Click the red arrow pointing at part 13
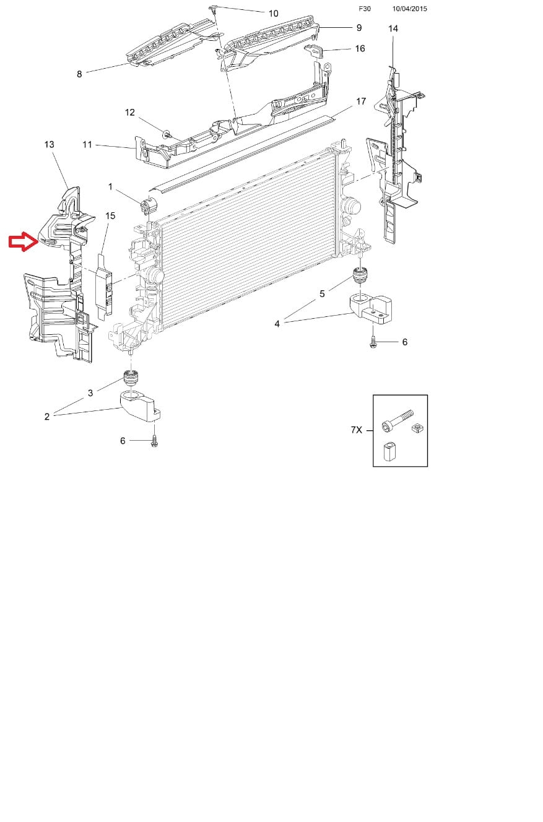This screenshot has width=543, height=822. (x=24, y=241)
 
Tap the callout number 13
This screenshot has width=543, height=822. (x=49, y=145)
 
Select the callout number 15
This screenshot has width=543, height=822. (x=110, y=216)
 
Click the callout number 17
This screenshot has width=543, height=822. (x=361, y=102)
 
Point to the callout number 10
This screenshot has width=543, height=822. (x=273, y=14)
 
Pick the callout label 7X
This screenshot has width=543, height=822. (x=357, y=430)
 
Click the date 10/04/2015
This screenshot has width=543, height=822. (x=409, y=9)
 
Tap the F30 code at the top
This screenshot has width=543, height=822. (x=365, y=9)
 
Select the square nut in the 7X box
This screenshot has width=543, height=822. (x=416, y=428)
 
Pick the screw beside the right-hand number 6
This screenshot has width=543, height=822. (x=373, y=343)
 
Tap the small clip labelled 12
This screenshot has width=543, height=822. (x=167, y=134)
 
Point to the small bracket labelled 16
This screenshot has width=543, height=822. (x=314, y=50)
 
